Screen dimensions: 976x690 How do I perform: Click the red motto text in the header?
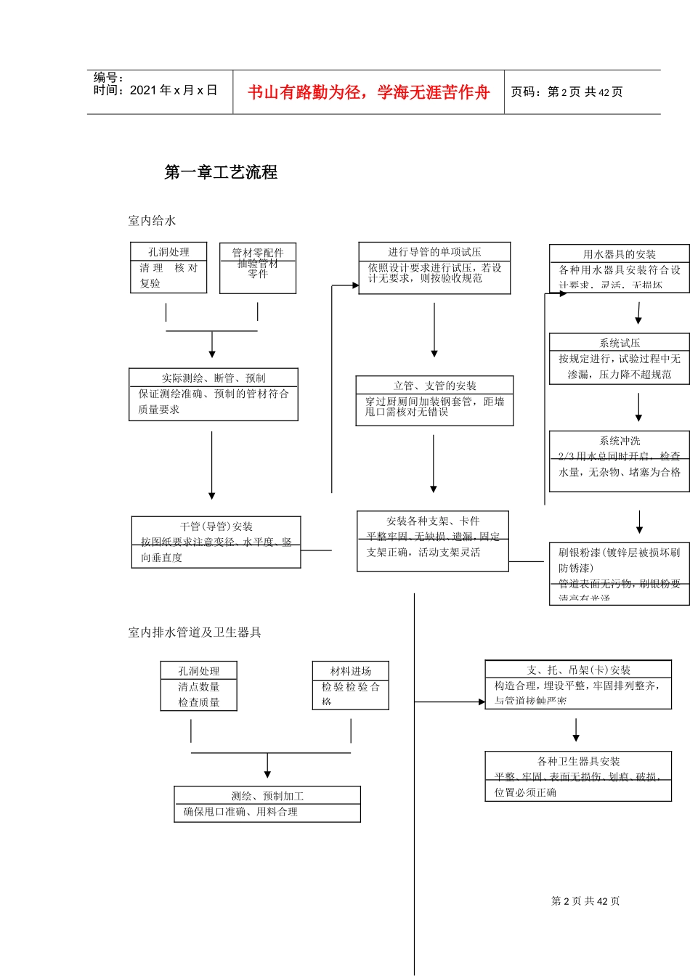[x=368, y=92]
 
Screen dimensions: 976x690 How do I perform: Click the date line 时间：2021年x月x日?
[x=155, y=90]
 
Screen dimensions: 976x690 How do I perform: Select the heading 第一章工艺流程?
[x=221, y=172]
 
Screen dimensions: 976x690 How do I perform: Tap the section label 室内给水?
[x=152, y=221]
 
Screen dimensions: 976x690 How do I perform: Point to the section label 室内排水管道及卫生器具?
[x=195, y=633]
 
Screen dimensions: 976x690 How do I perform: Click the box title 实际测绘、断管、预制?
[x=214, y=378]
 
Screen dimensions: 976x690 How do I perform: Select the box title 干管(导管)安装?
[x=216, y=526]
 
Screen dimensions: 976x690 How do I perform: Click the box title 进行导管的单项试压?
[x=434, y=252]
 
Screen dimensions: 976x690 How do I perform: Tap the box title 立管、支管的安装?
[x=434, y=386]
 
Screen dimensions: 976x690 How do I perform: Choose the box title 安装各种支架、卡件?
[x=433, y=521]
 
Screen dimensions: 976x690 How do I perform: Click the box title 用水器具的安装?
[x=619, y=254]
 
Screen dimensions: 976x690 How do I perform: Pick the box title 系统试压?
[x=620, y=343]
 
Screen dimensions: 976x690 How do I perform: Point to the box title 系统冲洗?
[x=620, y=441]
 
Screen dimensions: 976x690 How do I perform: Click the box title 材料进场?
[x=351, y=671]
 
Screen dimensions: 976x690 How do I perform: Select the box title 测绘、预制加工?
[x=267, y=796]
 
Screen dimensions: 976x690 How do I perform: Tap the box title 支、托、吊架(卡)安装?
[x=578, y=670]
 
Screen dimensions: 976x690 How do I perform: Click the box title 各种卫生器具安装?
[x=578, y=761]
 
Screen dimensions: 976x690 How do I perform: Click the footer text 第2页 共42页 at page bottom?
[x=585, y=901]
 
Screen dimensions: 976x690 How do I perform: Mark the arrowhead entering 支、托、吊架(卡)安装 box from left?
[x=482, y=702]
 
